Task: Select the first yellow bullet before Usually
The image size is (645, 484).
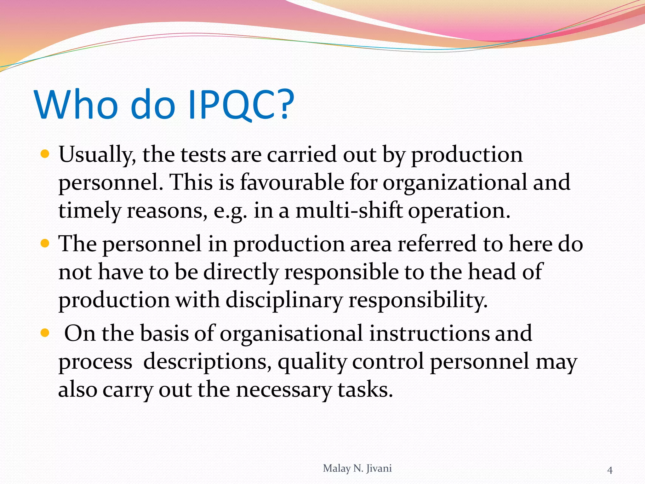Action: pos(45,154)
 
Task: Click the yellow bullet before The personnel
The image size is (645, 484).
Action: pos(45,244)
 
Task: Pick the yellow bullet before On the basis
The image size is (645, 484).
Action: pos(45,333)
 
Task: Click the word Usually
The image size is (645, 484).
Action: pos(97,155)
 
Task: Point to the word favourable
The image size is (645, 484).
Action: pos(292,182)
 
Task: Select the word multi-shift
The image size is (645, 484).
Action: pos(349,210)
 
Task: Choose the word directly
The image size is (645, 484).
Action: pos(241,272)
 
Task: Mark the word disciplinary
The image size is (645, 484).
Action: pos(284,300)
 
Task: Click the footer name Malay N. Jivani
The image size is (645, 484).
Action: pos(357,468)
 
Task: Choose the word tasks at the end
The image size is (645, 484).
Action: pos(365,390)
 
